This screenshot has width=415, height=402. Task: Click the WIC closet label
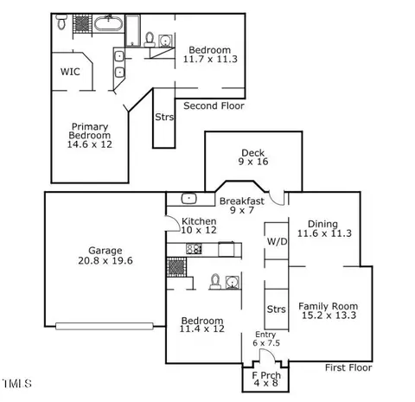coord(70,72)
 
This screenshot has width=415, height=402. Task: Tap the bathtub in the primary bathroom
coord(108,23)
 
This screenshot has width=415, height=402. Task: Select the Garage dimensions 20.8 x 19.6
coord(105,260)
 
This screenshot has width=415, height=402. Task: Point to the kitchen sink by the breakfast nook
coord(189,198)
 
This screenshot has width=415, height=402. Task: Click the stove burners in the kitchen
coord(194,249)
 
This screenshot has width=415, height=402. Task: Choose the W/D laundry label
coord(277,241)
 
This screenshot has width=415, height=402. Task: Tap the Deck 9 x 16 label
coord(253,157)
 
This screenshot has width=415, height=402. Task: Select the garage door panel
coord(105,326)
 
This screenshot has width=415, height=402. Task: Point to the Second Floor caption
coord(214,105)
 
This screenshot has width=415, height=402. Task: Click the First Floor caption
coord(348,367)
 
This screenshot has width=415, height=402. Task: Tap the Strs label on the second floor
coord(164,117)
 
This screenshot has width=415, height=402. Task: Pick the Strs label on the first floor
coord(277,309)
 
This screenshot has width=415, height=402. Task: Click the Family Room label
coord(328,306)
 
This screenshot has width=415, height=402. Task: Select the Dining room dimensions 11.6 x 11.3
coord(324,233)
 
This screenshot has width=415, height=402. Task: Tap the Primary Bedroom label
coord(90,131)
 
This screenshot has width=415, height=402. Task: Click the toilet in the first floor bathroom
coord(215,282)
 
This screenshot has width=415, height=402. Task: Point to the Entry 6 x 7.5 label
coord(266,339)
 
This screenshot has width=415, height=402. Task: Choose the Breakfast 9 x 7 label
coord(242,206)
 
